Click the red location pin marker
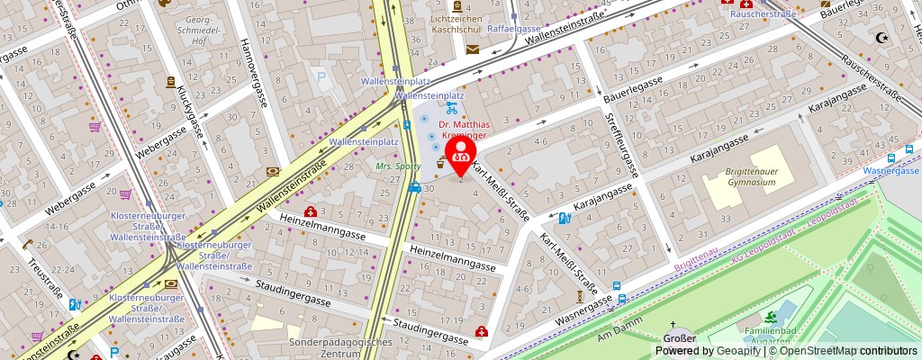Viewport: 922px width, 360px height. (461, 155)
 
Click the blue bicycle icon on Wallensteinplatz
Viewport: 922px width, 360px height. (451, 107)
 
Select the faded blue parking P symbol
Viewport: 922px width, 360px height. (321, 78)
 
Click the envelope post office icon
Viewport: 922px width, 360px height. (474, 49)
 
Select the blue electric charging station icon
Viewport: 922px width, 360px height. (564, 218)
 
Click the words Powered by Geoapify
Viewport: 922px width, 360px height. (703, 351)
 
